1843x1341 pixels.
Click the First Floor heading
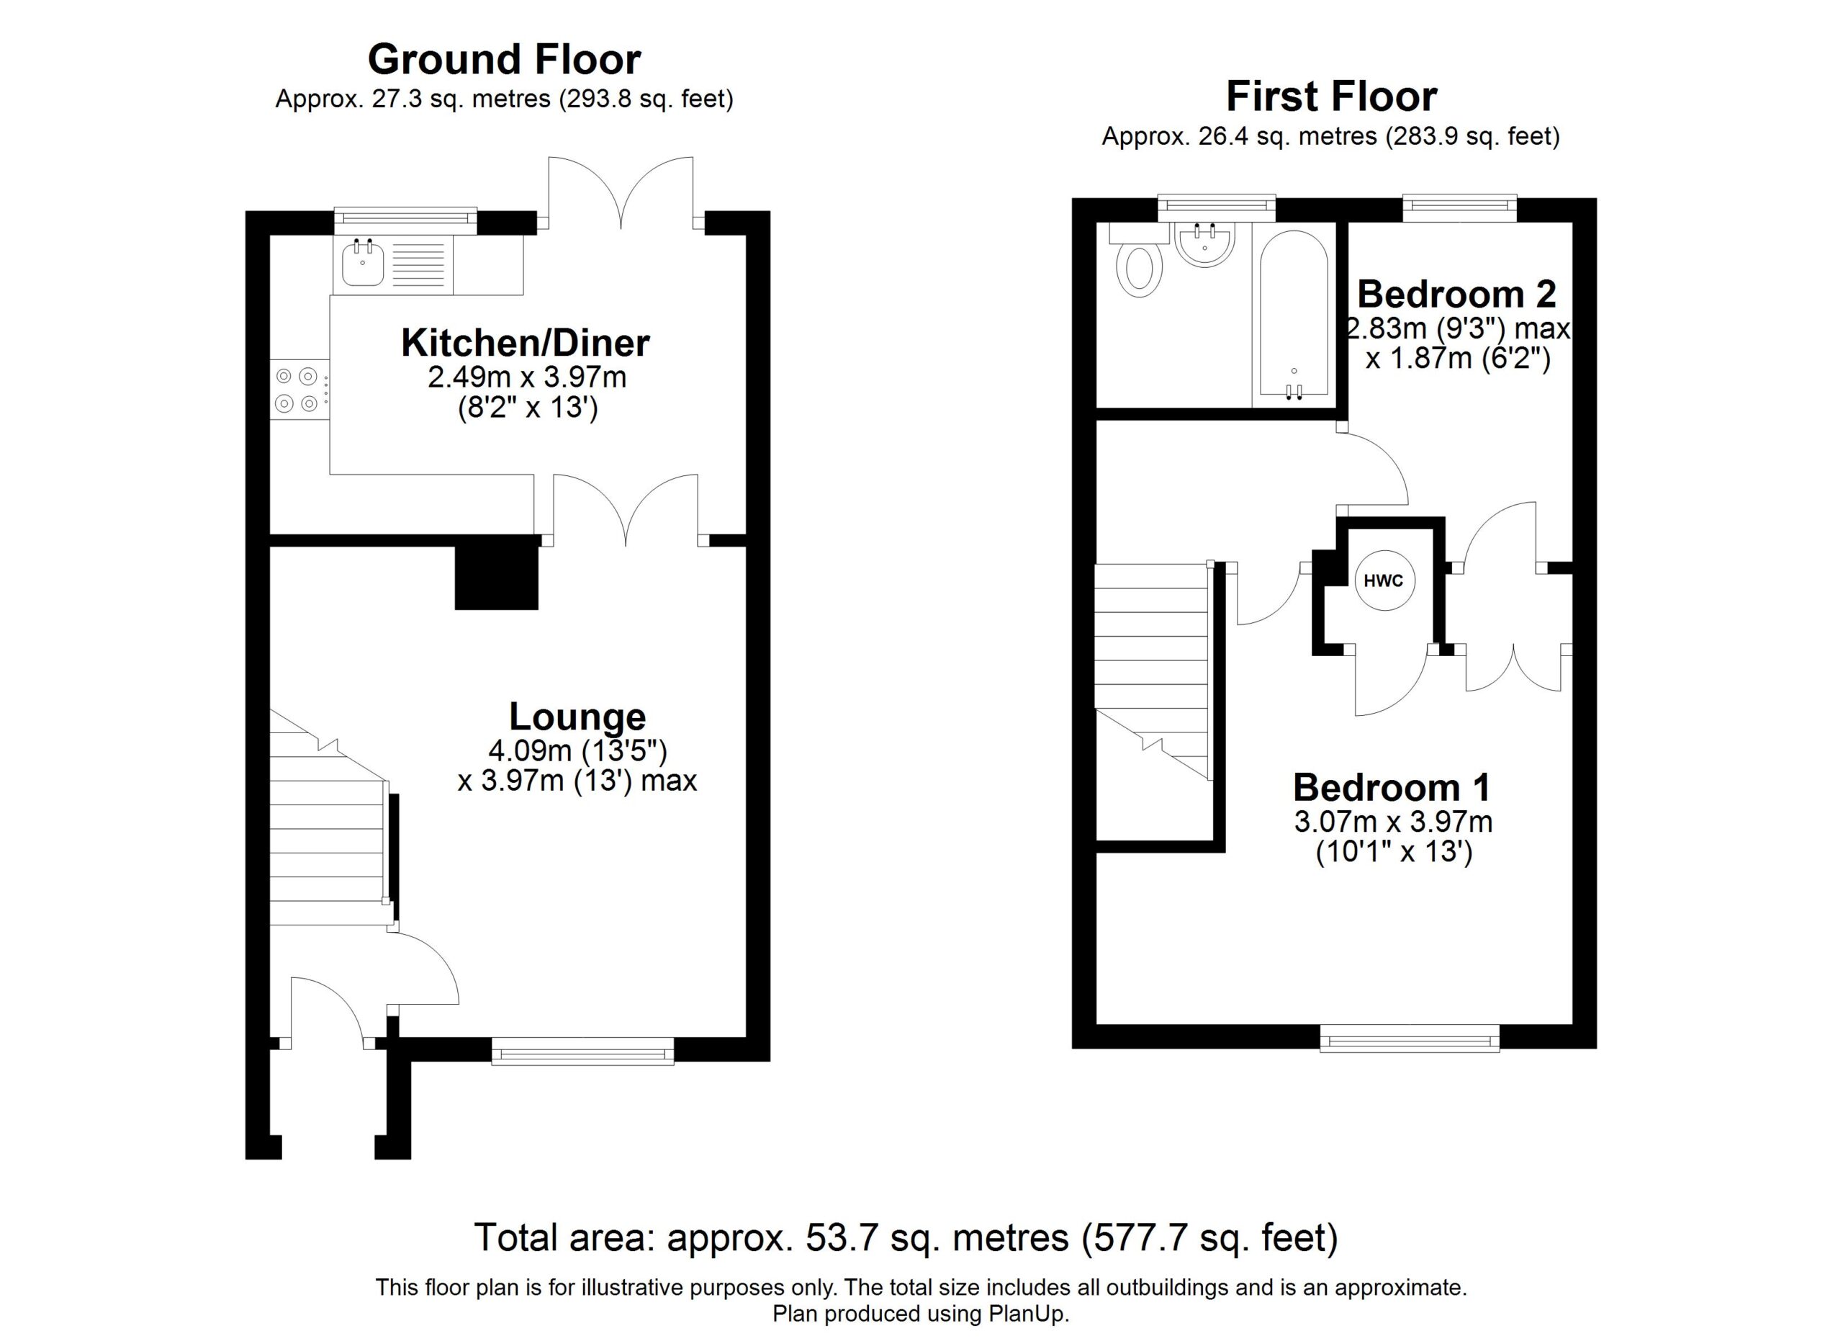1331,97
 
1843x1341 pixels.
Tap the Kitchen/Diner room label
525,344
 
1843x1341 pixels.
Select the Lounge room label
577,717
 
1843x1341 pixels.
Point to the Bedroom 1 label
1392,788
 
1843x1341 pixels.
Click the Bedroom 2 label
1457,295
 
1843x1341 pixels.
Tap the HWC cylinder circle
1383,581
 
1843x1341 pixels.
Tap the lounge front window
582,1050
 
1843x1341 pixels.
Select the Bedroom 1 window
1409,1036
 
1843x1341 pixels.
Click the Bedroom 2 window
1459,208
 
